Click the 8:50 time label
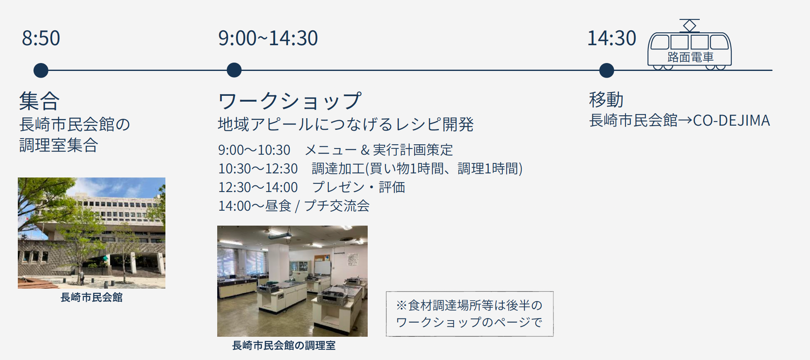tap(41, 38)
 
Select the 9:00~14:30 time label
tap(268, 38)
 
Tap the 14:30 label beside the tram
tap(611, 38)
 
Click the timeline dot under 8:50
tap(41, 70)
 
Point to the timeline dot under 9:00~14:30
tap(234, 70)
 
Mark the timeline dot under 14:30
tap(606, 70)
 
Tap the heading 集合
tap(39, 101)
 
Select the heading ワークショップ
tap(290, 101)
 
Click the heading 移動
tap(606, 100)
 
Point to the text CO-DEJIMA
tap(731, 120)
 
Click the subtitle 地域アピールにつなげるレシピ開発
tap(346, 124)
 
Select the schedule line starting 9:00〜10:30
tap(335, 150)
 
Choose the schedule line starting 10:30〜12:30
tap(370, 168)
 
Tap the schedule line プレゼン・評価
tap(312, 187)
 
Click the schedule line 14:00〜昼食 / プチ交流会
tap(294, 206)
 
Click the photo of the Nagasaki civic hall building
tap(92, 233)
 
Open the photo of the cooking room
tap(292, 281)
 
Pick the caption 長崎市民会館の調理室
tap(284, 345)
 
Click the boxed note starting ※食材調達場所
tap(470, 314)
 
